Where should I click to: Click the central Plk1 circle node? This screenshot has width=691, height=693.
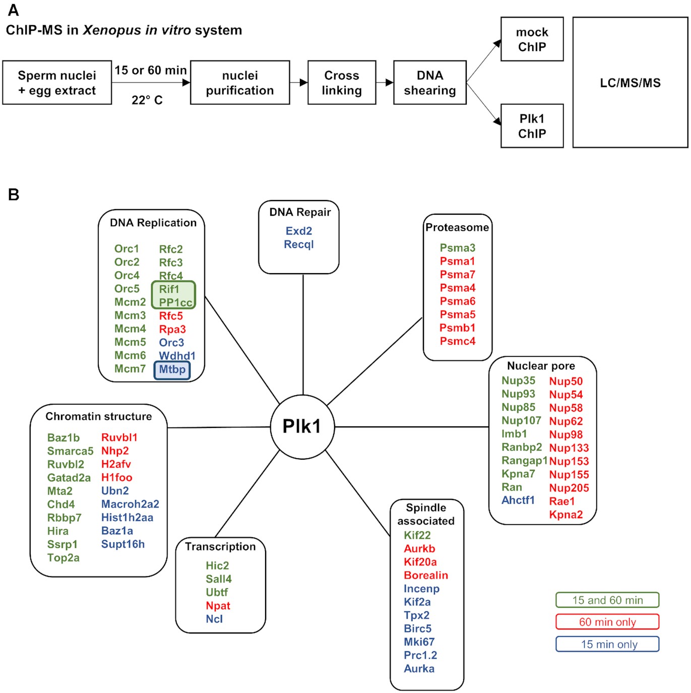pos(302,426)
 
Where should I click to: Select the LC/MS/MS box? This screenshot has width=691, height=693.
pos(630,83)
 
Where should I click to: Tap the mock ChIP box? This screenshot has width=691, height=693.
pos(532,39)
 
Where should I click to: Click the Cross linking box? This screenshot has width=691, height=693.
pos(342,83)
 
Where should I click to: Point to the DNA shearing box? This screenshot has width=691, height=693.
pos(430,83)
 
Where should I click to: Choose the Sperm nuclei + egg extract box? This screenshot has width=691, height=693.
pos(57,83)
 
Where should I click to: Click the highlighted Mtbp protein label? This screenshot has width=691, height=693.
pos(172,369)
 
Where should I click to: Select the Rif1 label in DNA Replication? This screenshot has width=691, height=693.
pos(169,289)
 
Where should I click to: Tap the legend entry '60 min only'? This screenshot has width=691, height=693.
pos(607,622)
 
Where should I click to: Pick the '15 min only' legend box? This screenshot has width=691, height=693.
pos(607,644)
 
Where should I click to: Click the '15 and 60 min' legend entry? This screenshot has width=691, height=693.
pos(607,600)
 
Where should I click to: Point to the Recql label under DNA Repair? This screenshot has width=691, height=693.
pos(299,244)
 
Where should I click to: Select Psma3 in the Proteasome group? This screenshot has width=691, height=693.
pos(458,248)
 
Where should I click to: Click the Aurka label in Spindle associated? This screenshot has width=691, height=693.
pos(419,669)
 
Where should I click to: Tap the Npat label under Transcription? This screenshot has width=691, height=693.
pos(218,606)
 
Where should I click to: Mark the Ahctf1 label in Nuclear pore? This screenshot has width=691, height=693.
pos(518,500)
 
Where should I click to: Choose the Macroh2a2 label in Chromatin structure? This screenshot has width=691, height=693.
pos(130,504)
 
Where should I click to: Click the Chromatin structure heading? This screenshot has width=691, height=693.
pos(99,416)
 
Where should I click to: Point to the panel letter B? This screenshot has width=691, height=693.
pos(14,195)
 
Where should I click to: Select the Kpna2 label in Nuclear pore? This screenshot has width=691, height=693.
pos(566,515)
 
